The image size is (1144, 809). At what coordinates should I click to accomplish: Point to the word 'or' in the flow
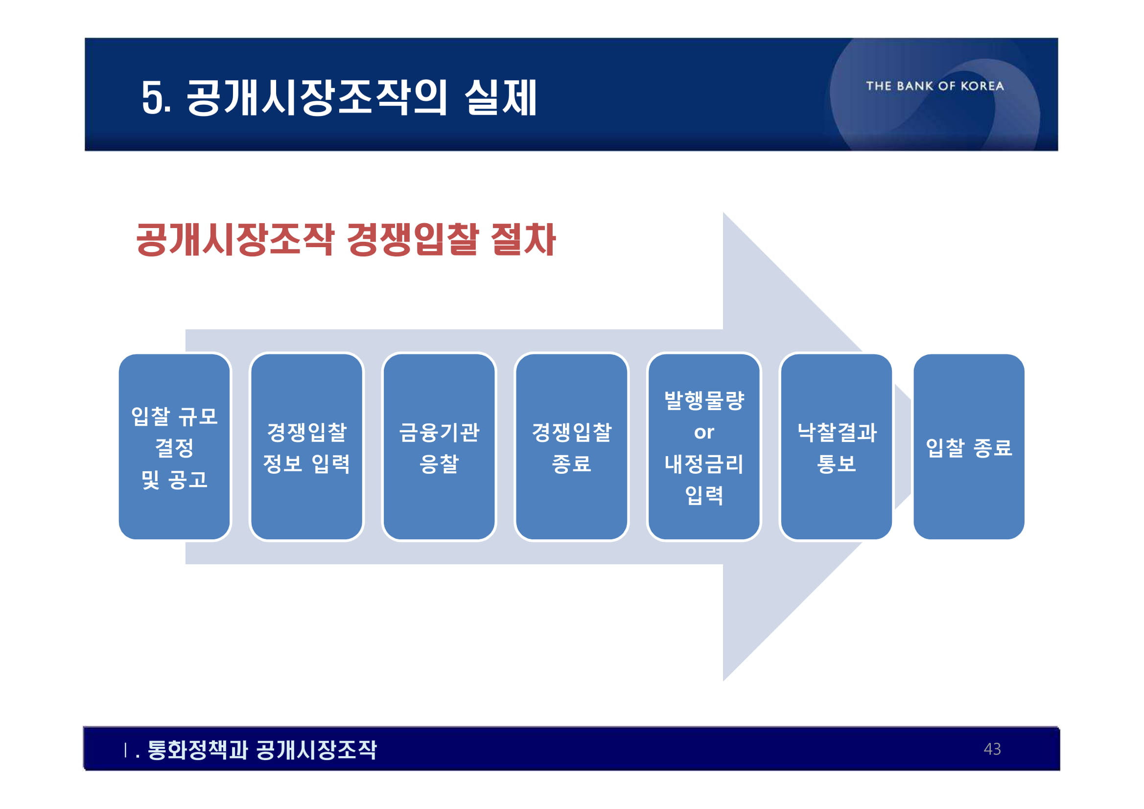pos(703,432)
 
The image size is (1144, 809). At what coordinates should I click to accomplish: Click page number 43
pos(992,749)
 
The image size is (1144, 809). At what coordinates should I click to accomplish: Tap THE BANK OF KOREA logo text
pos(935,86)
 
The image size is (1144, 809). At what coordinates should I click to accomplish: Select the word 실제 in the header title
pos(500,98)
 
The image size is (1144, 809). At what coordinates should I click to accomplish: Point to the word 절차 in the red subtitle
pos(523,240)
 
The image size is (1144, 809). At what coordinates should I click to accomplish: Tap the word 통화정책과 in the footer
pos(198,750)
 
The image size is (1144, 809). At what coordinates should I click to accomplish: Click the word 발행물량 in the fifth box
pos(704,400)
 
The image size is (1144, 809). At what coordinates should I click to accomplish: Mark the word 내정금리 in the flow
pos(703,464)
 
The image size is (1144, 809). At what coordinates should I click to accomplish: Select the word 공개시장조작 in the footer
pos(317,750)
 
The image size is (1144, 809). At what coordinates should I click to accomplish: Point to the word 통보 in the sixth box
pos(836,464)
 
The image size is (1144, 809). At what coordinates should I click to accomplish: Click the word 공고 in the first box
pos(187,479)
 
